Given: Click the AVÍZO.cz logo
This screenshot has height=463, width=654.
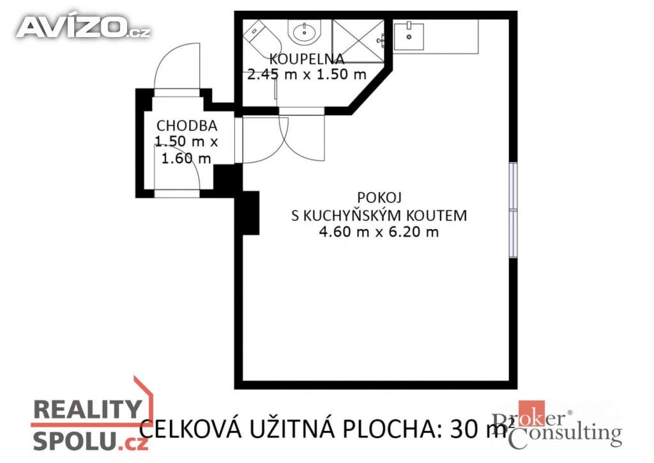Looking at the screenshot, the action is (x=84, y=27).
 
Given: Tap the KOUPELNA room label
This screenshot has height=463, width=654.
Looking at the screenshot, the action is (x=307, y=59).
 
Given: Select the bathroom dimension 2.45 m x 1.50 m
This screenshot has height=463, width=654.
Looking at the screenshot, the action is (x=307, y=74).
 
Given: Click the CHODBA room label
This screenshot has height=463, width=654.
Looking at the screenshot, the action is (x=186, y=126).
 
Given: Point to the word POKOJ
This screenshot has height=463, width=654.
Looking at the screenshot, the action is (x=379, y=197).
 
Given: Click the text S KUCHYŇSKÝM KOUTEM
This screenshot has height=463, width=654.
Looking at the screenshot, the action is (x=379, y=215).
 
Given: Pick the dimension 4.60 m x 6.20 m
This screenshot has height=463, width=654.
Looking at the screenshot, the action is (x=379, y=231).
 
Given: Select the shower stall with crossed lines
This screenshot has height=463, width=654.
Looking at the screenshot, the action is (x=358, y=42).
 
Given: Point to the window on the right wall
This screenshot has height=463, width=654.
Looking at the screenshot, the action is (x=513, y=210).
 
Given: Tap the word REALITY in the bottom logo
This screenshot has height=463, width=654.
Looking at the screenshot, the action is (x=87, y=409).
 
